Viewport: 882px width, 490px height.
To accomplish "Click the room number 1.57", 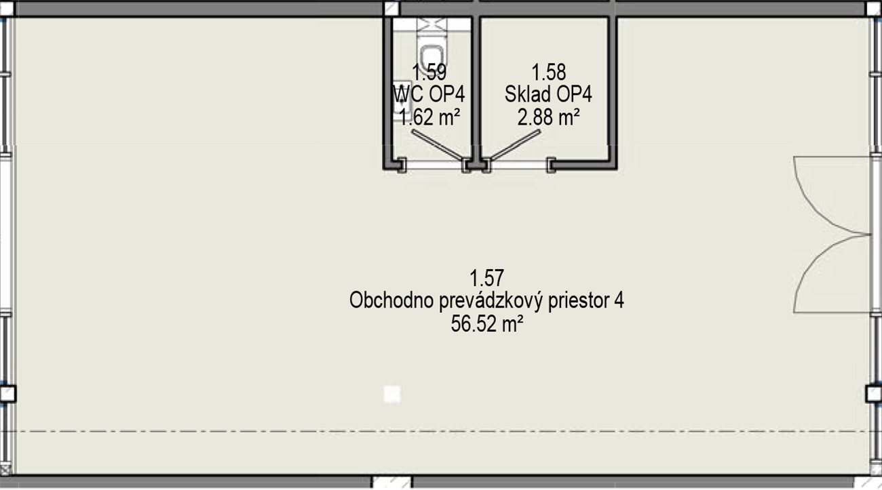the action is click(486, 278).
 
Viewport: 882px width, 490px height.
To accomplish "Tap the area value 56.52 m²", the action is click(487, 325).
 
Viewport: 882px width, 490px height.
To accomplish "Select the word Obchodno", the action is click(391, 300).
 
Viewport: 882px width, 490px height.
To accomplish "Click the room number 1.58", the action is click(548, 73).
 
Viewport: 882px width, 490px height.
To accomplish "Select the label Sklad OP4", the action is click(548, 94).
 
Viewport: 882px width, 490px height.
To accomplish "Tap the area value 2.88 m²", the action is click(548, 117).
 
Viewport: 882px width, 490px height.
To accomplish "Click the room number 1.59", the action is click(429, 73).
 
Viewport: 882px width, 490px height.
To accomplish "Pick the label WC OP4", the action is click(429, 94).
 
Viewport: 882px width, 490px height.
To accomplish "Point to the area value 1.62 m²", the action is click(429, 117).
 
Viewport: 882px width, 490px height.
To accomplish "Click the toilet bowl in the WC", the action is click(432, 55).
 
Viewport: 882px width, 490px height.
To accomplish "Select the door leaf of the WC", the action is click(438, 145).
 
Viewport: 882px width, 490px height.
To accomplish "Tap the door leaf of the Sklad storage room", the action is click(514, 145).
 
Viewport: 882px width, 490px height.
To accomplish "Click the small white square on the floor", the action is click(391, 394).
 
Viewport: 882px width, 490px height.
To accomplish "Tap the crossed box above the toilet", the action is click(432, 25).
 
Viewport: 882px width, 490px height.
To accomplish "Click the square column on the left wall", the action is click(7, 394).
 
